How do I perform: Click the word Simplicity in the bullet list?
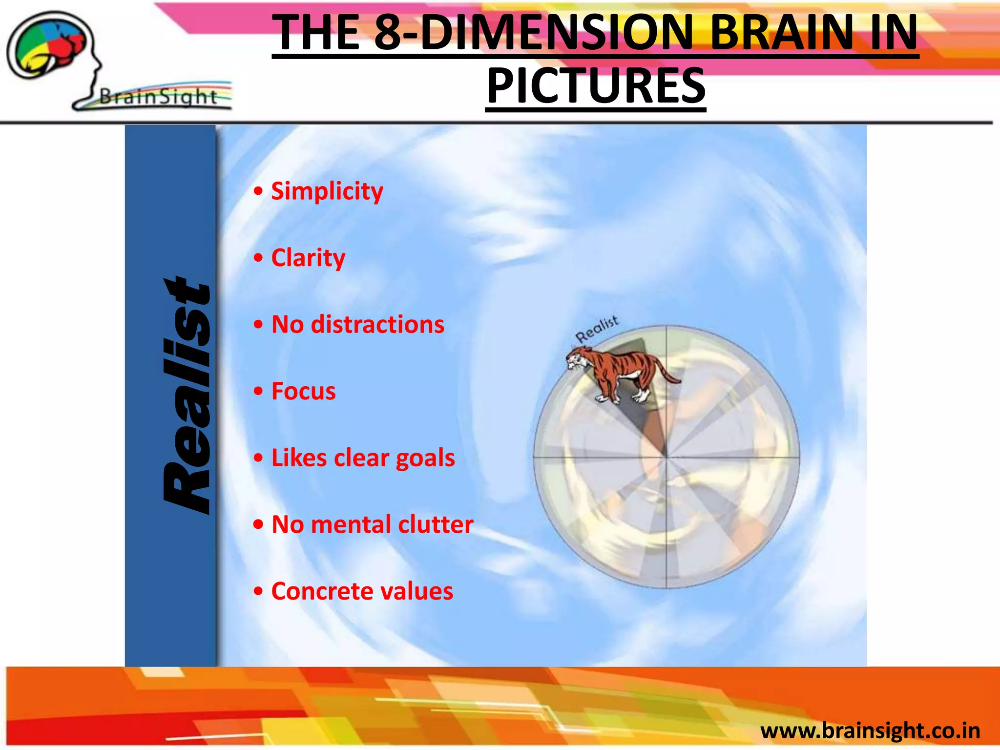[327, 191]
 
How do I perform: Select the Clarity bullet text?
[308, 258]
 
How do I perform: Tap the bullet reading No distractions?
[358, 325]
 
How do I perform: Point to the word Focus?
[303, 391]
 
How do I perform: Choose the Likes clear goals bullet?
[363, 458]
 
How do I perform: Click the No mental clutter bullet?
[372, 524]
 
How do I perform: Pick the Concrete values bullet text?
[362, 591]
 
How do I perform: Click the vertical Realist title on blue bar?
[187, 396]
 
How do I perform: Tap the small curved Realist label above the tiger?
[597, 330]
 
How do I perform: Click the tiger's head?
[577, 360]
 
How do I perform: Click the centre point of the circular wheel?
[666, 457]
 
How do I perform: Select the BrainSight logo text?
[158, 97]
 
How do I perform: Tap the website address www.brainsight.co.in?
[870, 730]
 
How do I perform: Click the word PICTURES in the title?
[596, 86]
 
